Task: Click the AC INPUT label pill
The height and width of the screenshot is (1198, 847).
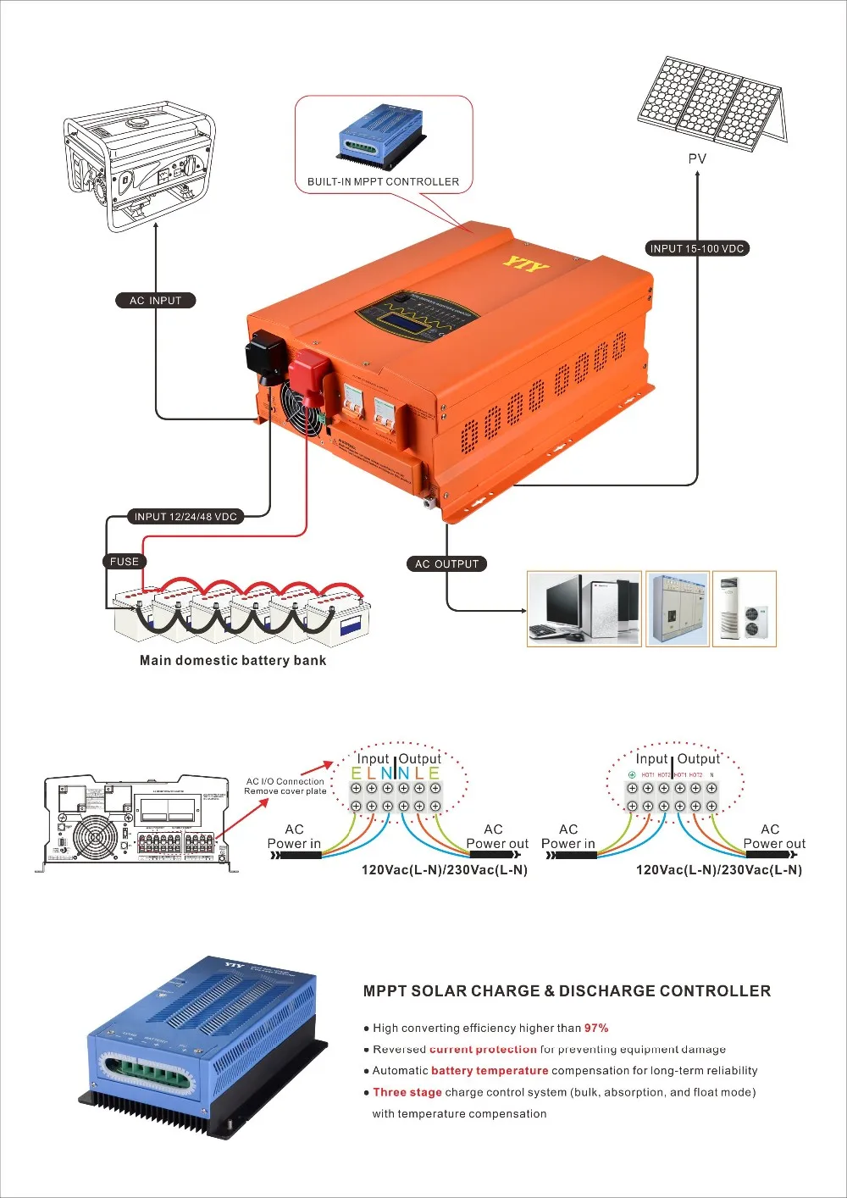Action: click(x=156, y=300)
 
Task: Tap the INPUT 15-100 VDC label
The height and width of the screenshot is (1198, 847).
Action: click(x=696, y=248)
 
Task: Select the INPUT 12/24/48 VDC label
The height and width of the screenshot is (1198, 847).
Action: click(x=185, y=516)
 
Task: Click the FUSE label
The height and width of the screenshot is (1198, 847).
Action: click(x=124, y=561)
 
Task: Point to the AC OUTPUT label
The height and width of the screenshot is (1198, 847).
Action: click(x=446, y=563)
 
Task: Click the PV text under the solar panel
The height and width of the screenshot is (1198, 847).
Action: click(x=697, y=158)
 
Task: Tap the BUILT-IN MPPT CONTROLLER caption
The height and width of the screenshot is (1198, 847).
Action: click(x=383, y=181)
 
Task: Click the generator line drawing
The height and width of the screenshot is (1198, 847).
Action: click(x=139, y=165)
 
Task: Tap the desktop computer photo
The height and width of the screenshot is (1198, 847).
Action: click(x=584, y=608)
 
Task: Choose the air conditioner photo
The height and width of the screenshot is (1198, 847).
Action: click(x=744, y=608)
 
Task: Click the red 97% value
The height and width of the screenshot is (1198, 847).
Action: click(x=596, y=1028)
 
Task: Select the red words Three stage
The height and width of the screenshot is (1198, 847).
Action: click(x=407, y=1092)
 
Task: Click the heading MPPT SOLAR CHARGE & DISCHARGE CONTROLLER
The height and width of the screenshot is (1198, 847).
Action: click(x=567, y=990)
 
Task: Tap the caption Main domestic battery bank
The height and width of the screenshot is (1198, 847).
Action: click(x=233, y=660)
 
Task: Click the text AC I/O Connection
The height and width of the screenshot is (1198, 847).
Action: click(x=285, y=781)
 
